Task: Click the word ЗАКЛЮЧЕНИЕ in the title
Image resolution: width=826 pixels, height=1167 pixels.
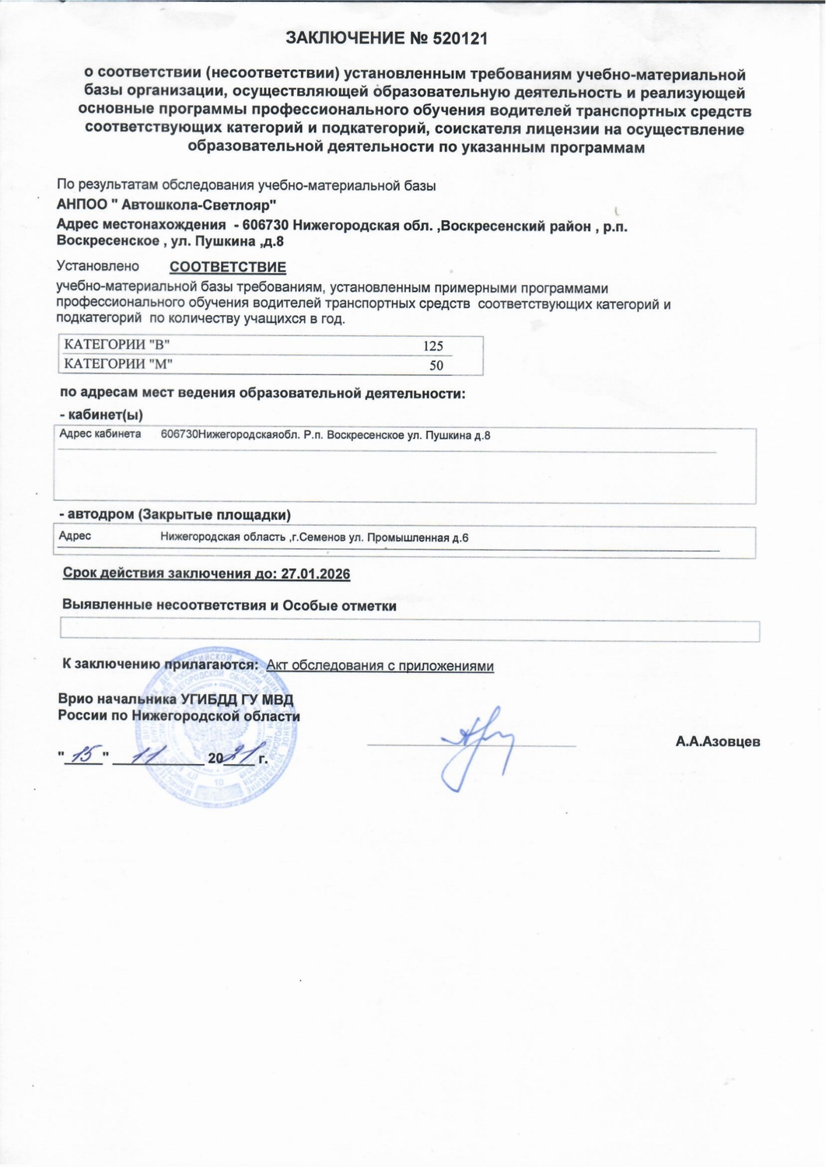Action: pos(345,38)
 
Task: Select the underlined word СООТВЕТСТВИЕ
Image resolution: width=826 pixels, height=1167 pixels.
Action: pos(228,268)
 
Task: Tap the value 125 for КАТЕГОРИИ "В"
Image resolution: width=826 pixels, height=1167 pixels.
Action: pos(433,346)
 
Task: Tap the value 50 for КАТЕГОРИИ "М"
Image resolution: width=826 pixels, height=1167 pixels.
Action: pos(436,366)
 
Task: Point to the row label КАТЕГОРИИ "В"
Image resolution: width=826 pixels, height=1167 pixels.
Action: pos(117,345)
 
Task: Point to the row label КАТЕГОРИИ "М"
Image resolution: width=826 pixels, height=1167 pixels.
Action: pos(118,364)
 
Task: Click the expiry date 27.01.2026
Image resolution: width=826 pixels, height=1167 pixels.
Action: pos(315,574)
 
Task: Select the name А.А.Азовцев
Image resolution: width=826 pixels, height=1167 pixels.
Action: pos(717,741)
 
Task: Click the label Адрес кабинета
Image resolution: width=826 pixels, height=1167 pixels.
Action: pos(100,434)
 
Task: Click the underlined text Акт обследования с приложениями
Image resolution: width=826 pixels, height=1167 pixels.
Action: pos(380,666)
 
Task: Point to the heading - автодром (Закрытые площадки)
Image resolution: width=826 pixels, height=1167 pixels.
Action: pos(175,515)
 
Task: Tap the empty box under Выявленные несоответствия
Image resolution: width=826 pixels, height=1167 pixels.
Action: pos(409,631)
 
